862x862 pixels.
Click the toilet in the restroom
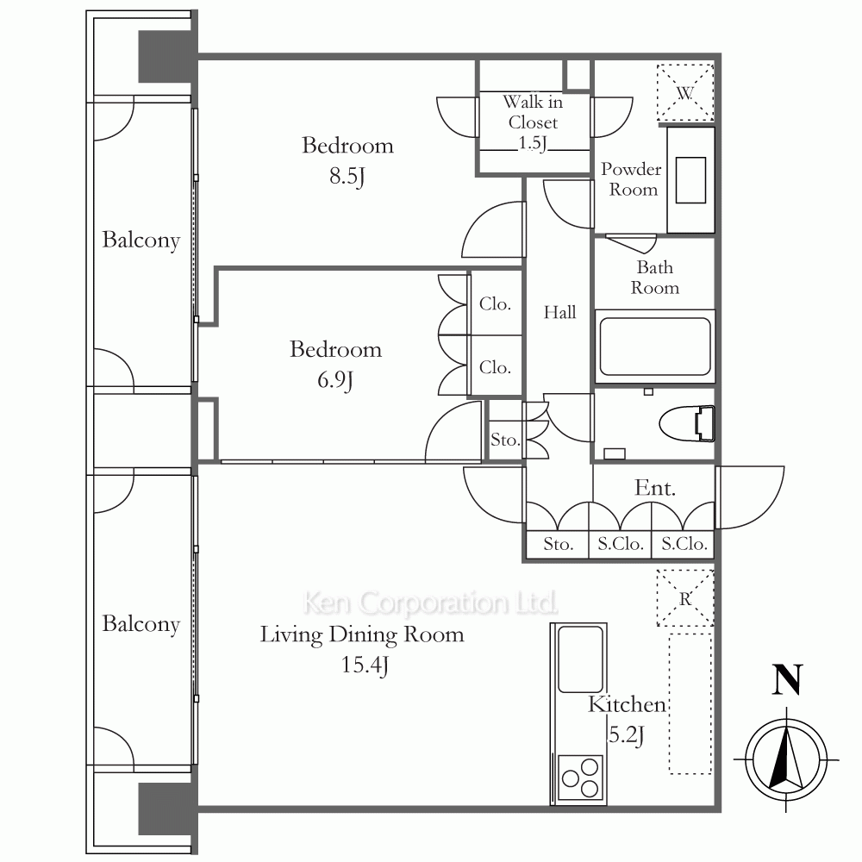(687, 424)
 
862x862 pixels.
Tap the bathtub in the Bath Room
(655, 347)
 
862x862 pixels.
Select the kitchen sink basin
(580, 659)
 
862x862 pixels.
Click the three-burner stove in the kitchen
(580, 778)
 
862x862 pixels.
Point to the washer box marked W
(685, 92)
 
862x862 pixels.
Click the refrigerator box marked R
(685, 598)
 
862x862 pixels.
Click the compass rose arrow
(787, 759)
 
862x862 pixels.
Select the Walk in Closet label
(533, 122)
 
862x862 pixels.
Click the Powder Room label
(631, 179)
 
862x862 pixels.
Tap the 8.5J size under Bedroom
(347, 177)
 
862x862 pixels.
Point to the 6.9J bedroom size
(335, 380)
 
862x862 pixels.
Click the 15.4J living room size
(365, 665)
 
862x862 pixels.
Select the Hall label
(559, 312)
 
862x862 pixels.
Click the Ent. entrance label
(655, 488)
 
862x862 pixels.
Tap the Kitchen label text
(627, 704)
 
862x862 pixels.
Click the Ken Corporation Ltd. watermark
(430, 603)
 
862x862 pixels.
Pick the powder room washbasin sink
(691, 180)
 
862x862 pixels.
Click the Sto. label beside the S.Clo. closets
(558, 544)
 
